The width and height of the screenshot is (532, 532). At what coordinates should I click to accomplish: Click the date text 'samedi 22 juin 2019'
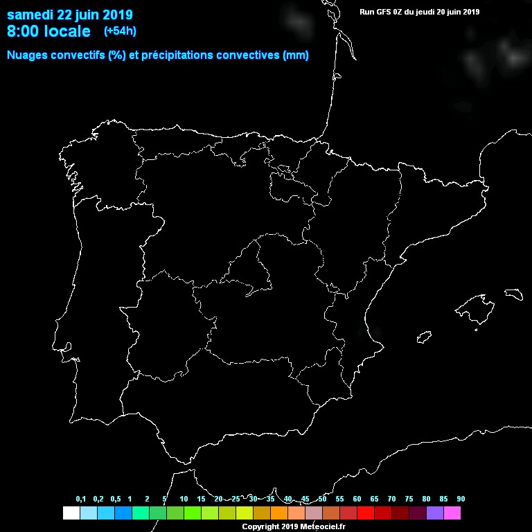click(70, 15)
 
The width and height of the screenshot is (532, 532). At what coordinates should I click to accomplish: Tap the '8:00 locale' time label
click(48, 31)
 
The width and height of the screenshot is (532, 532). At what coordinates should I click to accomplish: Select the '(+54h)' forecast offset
click(120, 31)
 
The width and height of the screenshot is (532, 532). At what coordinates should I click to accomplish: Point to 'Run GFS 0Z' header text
click(384, 12)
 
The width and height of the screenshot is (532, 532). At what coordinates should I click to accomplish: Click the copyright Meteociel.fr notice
click(294, 527)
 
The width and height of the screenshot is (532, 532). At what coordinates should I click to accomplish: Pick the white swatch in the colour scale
click(71, 513)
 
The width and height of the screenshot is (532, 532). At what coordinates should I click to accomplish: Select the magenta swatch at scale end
click(452, 513)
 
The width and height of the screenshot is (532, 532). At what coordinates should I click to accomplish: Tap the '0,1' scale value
click(81, 499)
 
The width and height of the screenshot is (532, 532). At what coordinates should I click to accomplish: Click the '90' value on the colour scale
click(461, 499)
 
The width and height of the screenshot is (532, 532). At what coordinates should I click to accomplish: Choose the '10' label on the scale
click(184, 499)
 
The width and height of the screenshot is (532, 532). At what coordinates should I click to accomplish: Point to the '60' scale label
click(357, 499)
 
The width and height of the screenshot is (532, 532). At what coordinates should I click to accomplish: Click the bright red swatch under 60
click(366, 513)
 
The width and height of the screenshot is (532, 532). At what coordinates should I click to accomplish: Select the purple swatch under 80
click(435, 513)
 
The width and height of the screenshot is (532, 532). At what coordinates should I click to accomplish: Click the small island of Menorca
click(513, 294)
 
